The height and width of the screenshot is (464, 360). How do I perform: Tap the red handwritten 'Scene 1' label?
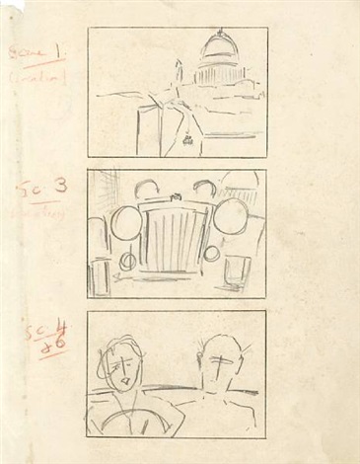(x=36, y=49)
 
